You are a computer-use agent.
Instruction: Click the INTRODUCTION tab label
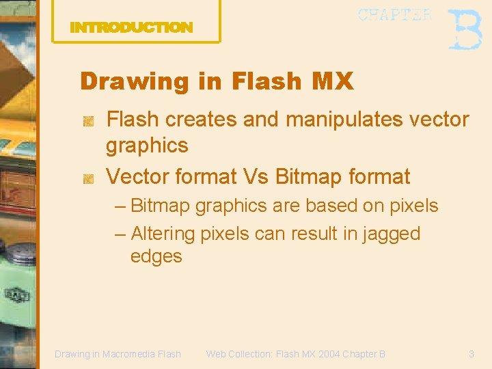pos(131,28)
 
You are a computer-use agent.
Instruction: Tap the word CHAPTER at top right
pos(394,15)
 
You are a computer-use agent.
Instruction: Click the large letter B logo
pos(465,29)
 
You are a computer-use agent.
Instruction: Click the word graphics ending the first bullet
pos(147,146)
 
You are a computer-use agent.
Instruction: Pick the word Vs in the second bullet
pos(256,177)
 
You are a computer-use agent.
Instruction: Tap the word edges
pos(156,256)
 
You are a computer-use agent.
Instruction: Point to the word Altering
pos(163,234)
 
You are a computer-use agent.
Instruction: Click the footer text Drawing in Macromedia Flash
pos(118,354)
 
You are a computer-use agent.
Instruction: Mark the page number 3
pos(471,354)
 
